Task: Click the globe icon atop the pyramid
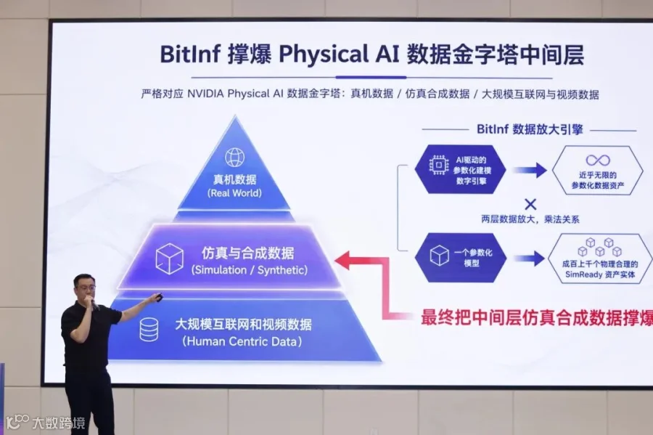coord(235,158)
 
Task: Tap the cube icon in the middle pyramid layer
coord(169,259)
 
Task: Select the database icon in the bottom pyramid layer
coord(149,330)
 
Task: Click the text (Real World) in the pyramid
coord(234,193)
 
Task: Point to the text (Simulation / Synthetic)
coord(250,270)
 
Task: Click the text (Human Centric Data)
coord(242,341)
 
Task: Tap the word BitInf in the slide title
coord(189,54)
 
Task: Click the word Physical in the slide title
coord(324,54)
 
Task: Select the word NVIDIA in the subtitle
coord(205,94)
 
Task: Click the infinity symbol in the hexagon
coord(598,160)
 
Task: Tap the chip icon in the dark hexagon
coord(438,165)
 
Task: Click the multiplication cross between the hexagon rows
coord(530,204)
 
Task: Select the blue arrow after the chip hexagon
coord(530,170)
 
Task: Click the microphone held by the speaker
coord(94,306)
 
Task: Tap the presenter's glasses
coord(86,287)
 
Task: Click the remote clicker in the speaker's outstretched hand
coord(157,297)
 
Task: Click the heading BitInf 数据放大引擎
coord(530,129)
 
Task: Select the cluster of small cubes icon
coord(599,247)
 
